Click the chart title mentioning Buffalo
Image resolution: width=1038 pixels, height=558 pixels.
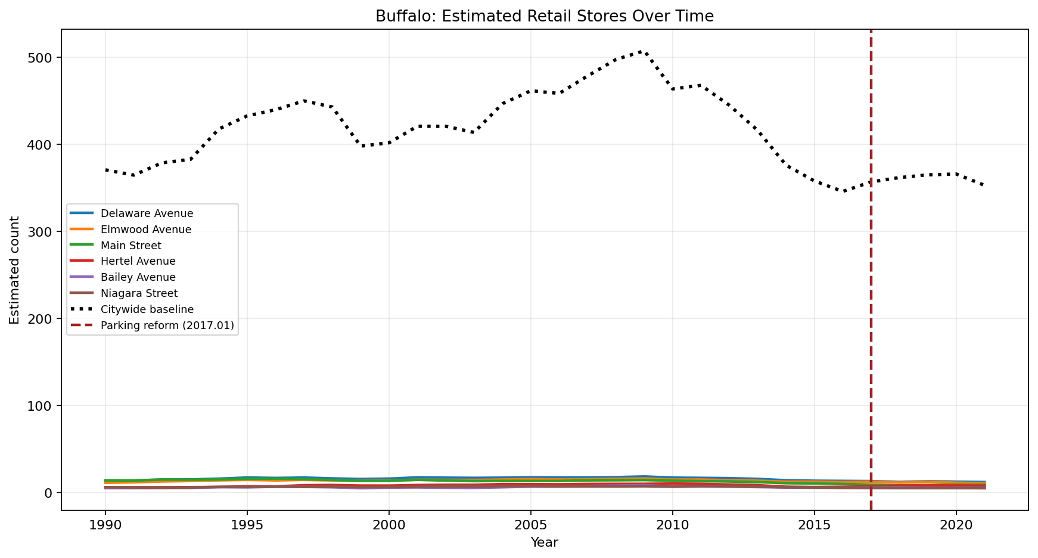coord(544,16)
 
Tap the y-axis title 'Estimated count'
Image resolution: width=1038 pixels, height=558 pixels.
coord(15,270)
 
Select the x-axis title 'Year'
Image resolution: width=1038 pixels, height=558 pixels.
coord(544,542)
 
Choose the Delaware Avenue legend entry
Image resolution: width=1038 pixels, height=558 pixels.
coord(147,213)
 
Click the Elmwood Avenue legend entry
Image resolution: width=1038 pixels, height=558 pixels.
coord(146,230)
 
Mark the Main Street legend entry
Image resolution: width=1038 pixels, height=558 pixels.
coord(131,246)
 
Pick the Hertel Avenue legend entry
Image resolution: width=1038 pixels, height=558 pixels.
coord(138,261)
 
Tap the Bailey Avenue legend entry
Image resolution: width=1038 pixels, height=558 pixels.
coord(138,277)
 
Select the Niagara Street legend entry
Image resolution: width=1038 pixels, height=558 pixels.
coord(139,293)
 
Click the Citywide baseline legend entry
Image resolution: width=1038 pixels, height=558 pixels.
coord(147,309)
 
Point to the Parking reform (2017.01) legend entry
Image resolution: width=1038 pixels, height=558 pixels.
coord(167,325)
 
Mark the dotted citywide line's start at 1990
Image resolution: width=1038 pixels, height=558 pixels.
coord(105,170)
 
